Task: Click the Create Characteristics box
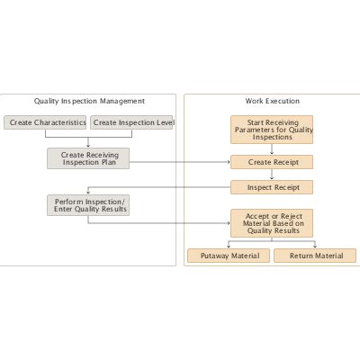45,122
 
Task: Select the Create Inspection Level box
132,122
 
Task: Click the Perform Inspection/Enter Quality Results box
88,205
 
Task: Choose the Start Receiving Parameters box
272,130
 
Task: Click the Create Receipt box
272,163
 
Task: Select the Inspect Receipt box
272,188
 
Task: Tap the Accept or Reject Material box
272,222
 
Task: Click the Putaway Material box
229,256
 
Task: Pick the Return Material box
315,256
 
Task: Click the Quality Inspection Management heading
89,101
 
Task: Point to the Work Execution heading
272,101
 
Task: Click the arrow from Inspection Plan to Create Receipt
180,163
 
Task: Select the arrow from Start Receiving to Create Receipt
272,150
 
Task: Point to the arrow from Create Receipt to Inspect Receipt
272,175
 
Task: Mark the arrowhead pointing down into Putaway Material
229,246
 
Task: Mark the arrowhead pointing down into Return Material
315,246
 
